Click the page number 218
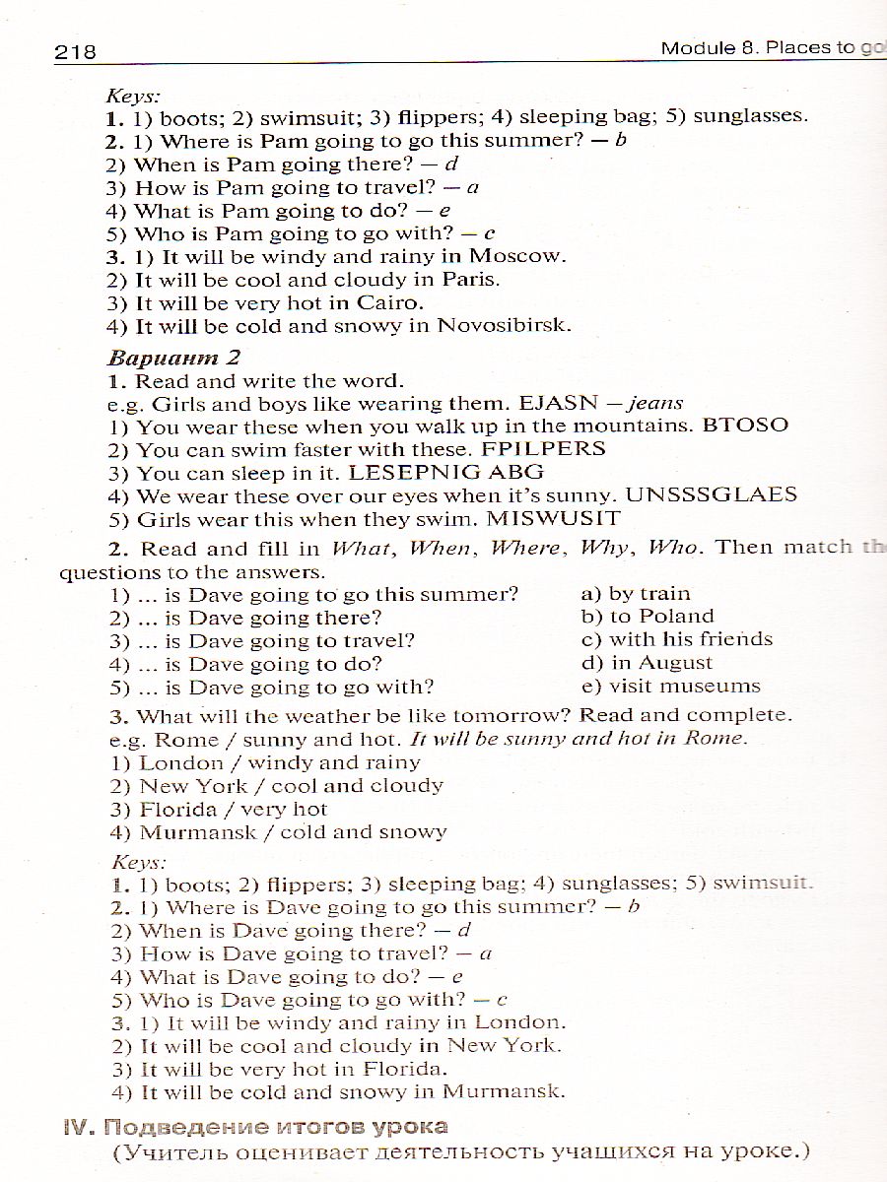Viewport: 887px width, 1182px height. click(x=76, y=51)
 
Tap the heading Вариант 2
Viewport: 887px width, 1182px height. click(x=173, y=357)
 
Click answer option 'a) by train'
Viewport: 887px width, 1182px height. click(x=636, y=593)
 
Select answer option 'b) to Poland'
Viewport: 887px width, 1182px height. click(x=647, y=616)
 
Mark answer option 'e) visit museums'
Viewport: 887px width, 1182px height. click(x=670, y=686)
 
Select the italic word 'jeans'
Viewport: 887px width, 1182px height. click(x=655, y=403)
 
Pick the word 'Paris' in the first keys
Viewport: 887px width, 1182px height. click(x=470, y=279)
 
